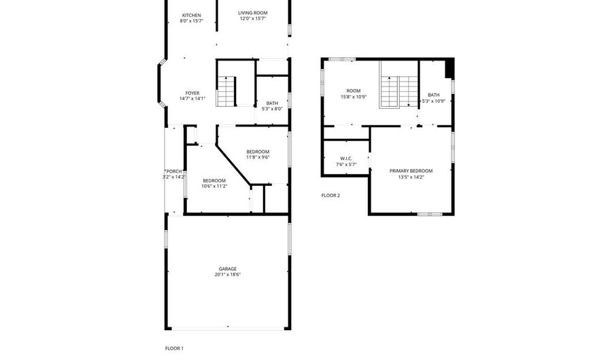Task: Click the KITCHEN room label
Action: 191,15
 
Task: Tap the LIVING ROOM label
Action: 252,12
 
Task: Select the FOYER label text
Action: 192,93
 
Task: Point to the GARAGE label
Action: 228,269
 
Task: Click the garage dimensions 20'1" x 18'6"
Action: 228,275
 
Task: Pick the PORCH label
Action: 174,171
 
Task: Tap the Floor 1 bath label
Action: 272,103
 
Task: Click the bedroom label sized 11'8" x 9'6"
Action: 258,151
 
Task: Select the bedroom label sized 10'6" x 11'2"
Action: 214,180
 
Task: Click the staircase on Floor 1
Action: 226,92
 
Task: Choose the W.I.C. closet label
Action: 345,159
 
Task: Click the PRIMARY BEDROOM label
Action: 411,171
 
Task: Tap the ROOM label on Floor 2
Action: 354,91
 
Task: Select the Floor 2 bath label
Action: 434,95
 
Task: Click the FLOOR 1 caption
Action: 174,348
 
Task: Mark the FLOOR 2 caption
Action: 330,195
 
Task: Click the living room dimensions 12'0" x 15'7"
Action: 252,18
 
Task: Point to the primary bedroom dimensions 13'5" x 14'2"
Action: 411,177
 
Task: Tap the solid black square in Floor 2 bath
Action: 448,68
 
